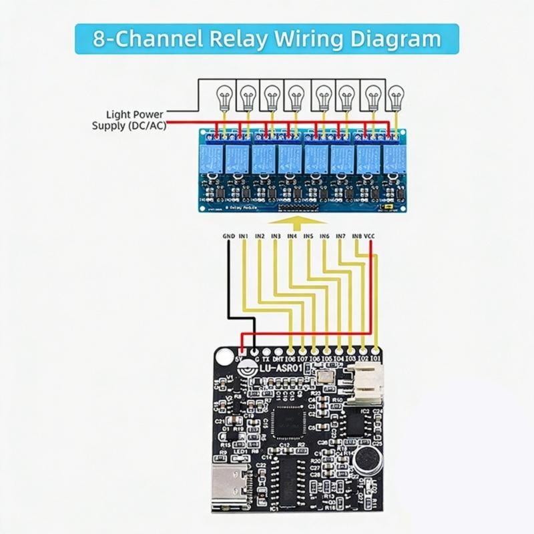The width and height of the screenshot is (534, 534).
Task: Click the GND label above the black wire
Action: (x=228, y=236)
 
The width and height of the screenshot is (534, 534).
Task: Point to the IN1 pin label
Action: (x=244, y=236)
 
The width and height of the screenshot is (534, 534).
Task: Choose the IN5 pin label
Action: (x=308, y=236)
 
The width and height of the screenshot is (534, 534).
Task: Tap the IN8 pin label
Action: (x=357, y=236)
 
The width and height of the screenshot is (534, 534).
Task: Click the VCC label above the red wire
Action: (x=370, y=236)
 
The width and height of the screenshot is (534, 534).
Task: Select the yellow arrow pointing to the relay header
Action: (x=301, y=220)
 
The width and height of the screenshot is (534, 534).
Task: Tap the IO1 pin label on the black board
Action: (x=378, y=359)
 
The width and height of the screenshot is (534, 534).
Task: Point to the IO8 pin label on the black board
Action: (x=291, y=359)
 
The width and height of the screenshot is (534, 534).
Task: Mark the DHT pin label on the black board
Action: (x=278, y=359)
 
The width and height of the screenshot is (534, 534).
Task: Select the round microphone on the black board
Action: (x=364, y=459)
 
